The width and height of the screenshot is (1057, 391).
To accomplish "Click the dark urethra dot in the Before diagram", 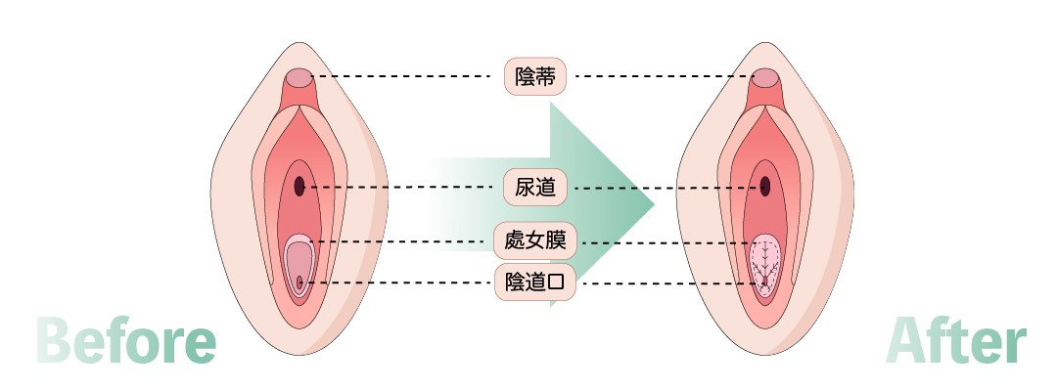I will click(x=299, y=186).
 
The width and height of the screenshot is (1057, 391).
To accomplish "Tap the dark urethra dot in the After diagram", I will click(x=765, y=186).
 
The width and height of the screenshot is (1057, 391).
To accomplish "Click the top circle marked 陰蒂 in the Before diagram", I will click(x=299, y=76).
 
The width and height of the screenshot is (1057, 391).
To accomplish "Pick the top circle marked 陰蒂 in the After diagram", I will click(x=765, y=76).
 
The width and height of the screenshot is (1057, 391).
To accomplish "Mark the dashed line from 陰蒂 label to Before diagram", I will click(x=401, y=76).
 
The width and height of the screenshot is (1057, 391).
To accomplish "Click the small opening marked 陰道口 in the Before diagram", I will click(x=299, y=283).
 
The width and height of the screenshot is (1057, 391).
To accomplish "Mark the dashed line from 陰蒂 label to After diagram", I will click(x=666, y=76).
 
